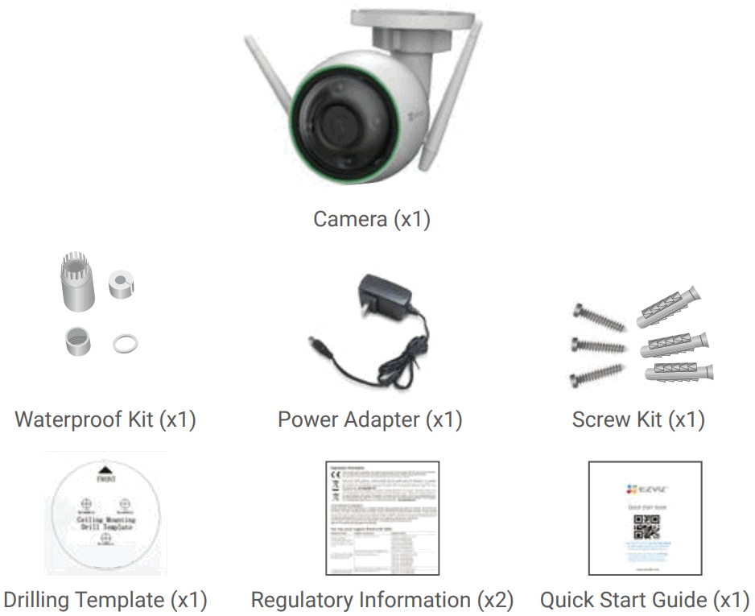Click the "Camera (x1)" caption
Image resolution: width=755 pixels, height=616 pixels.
pyautogui.click(x=372, y=219)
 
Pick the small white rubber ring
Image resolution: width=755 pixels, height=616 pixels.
pyautogui.click(x=125, y=344)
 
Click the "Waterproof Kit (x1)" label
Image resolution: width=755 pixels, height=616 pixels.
pyautogui.click(x=105, y=420)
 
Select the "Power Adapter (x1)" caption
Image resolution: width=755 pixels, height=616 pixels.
pyautogui.click(x=370, y=420)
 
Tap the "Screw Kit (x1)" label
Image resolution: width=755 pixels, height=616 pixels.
pyautogui.click(x=638, y=420)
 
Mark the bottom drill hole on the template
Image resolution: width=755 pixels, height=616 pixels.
pyautogui.click(x=105, y=540)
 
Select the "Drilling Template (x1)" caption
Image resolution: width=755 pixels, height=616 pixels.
pyautogui.click(x=105, y=600)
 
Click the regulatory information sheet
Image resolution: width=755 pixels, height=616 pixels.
pyautogui.click(x=382, y=518)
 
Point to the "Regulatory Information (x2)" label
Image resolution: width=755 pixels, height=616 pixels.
pyautogui.click(x=382, y=600)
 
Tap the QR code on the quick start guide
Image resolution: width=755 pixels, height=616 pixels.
pyautogui.click(x=646, y=527)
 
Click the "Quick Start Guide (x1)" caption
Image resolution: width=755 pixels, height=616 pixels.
pyautogui.click(x=645, y=600)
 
